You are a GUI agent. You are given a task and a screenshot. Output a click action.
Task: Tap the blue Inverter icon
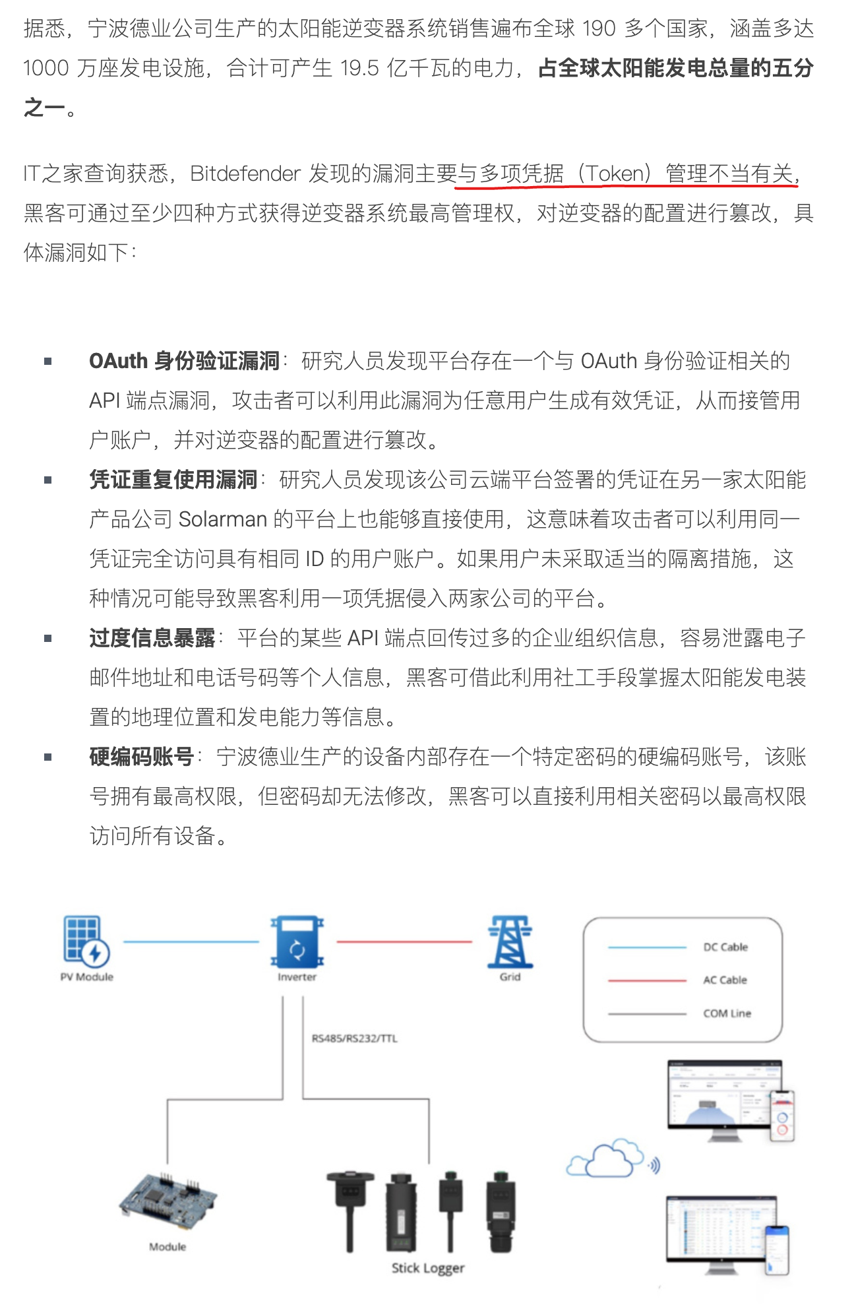(297, 941)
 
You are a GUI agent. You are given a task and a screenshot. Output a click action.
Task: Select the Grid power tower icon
(510, 941)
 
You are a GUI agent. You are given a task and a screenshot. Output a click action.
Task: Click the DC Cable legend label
(725, 947)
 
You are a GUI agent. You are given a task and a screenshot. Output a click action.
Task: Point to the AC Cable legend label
(725, 980)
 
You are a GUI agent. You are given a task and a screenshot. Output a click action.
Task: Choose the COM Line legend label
(727, 1013)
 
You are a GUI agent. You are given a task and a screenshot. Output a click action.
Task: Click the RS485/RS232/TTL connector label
(355, 1038)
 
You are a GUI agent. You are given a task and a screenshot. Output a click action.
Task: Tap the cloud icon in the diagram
(606, 1159)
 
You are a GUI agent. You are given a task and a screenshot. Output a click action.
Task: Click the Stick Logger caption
(428, 1268)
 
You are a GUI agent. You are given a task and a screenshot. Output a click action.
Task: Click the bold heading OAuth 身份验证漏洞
(184, 361)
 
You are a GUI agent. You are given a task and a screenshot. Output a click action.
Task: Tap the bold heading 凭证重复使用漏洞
(173, 480)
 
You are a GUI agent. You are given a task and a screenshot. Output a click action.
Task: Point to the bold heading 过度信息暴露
(152, 638)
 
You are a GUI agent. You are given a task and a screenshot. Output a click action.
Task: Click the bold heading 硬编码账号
(141, 757)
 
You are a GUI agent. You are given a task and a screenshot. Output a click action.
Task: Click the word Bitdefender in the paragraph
(245, 174)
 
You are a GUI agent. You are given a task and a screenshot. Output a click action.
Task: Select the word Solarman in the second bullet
(222, 519)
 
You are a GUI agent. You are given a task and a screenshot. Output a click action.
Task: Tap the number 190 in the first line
(599, 28)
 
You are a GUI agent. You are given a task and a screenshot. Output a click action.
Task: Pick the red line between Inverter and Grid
(404, 941)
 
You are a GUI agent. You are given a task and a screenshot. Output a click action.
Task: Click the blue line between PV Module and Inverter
(191, 941)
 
